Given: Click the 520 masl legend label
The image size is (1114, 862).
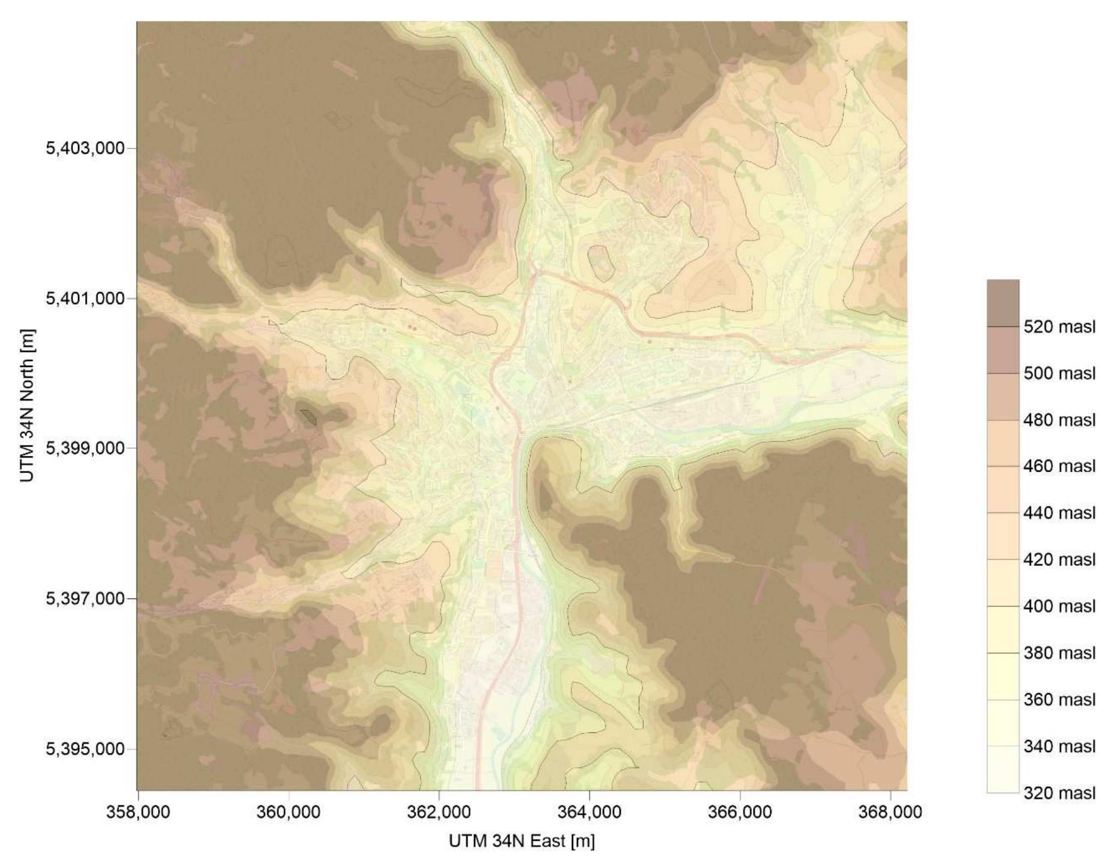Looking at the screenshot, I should tap(1059, 327).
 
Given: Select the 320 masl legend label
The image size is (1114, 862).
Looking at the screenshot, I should tap(1059, 793).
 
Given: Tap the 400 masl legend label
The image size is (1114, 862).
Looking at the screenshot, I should tap(1059, 606).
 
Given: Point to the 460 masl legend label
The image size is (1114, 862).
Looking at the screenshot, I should tap(1059, 466).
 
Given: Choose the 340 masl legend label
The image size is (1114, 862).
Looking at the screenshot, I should tap(1059, 746).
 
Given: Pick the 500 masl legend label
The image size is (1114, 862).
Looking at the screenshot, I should tap(1059, 373).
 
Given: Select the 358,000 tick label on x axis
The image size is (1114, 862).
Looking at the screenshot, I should tap(138, 812).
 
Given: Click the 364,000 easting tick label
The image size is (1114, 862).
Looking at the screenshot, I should tap(589, 812).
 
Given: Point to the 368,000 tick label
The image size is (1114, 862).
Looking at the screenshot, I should tap(890, 812).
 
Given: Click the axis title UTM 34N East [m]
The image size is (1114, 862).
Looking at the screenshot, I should tap(522, 842).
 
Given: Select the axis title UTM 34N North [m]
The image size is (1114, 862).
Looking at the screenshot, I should tap(27, 405).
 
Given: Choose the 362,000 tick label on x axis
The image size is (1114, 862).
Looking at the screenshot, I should tap(439, 812).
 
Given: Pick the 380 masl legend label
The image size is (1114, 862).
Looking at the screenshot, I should tap(1059, 653).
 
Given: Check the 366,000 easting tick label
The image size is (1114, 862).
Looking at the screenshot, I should tap(740, 812).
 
